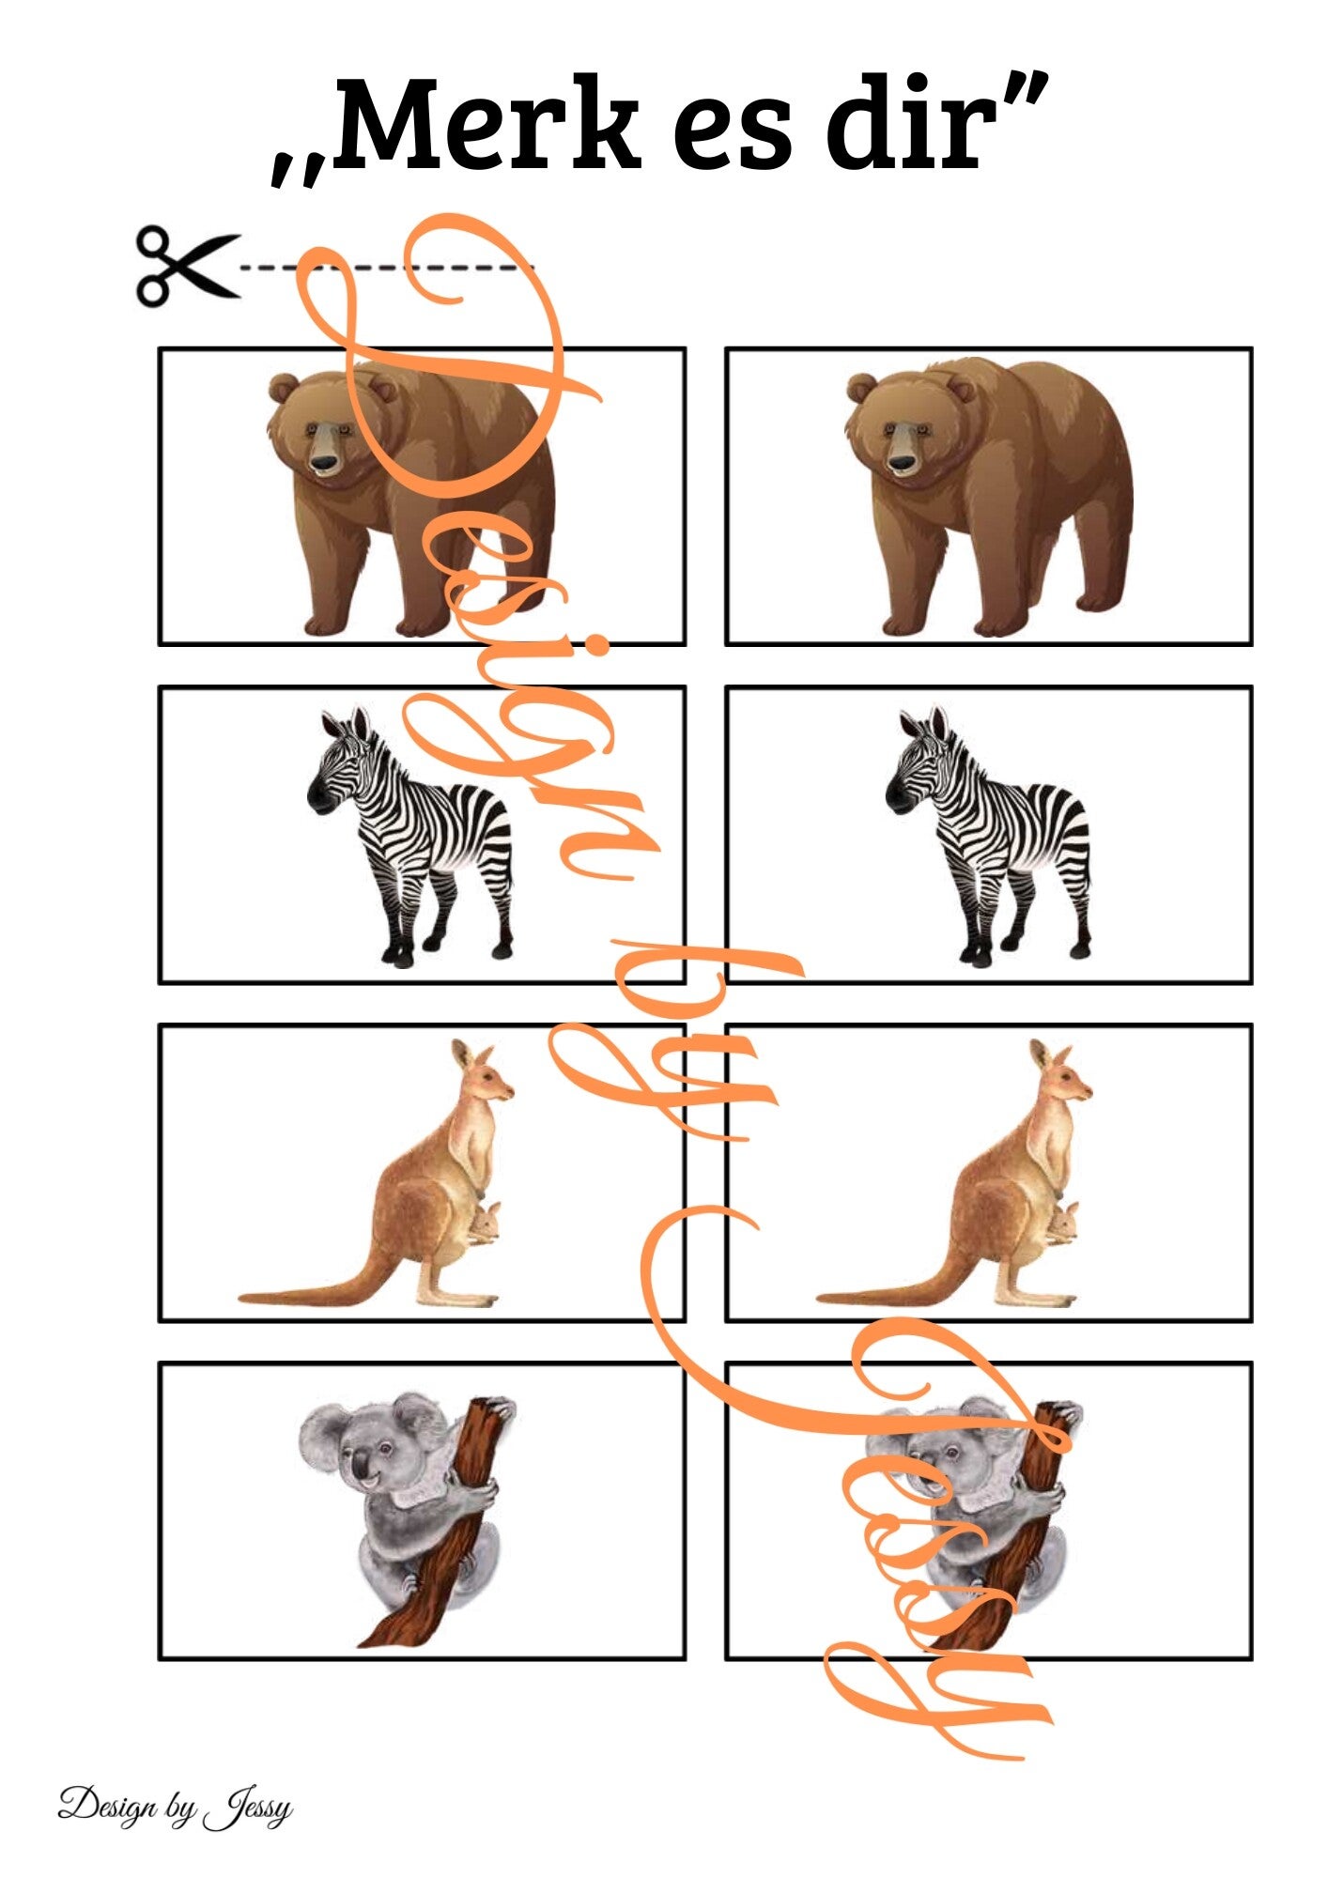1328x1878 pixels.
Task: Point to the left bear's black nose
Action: click(x=325, y=462)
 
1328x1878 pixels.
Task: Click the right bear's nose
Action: click(x=903, y=462)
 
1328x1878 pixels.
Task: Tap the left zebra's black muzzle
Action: click(x=319, y=796)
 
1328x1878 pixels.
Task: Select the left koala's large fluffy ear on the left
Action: click(x=325, y=1439)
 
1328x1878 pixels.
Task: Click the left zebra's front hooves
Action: click(x=397, y=956)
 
